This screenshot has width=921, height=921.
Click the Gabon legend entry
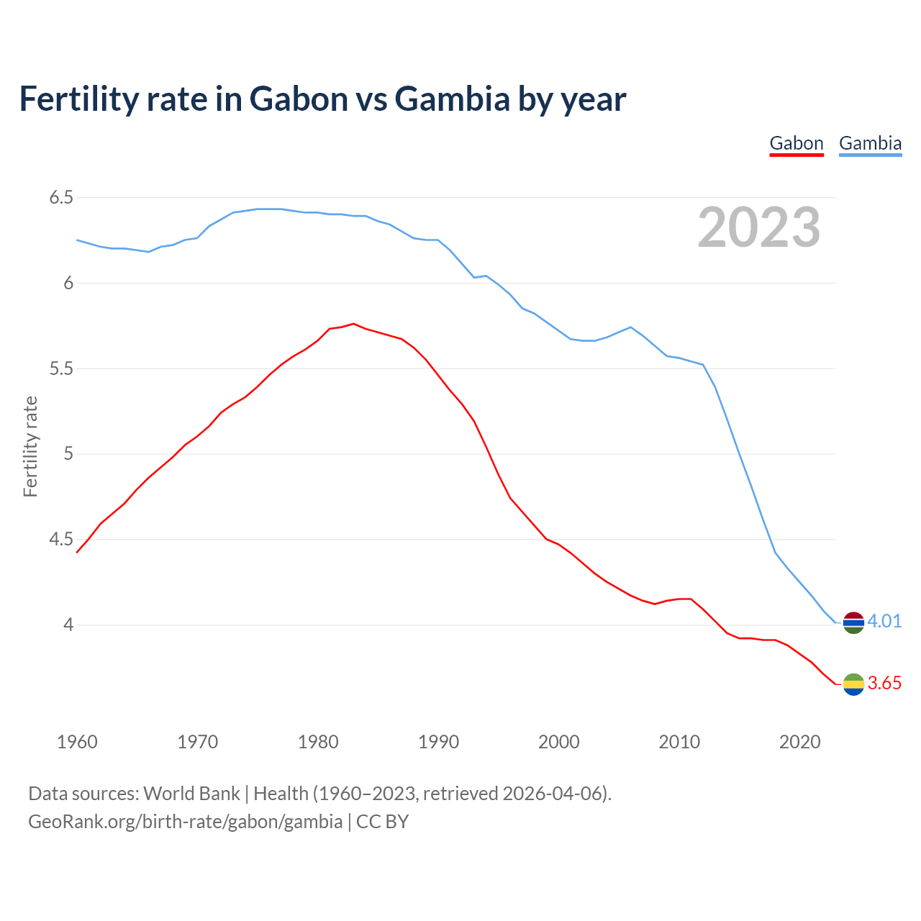[796, 143]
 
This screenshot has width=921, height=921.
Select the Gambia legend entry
[870, 143]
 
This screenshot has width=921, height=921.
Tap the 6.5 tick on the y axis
[61, 197]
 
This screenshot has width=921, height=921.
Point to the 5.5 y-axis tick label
[61, 368]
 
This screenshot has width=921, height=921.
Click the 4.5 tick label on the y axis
[61, 540]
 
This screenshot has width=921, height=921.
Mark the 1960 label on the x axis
[77, 742]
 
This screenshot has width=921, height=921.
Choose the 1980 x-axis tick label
[318, 742]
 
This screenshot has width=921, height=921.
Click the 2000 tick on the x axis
[558, 742]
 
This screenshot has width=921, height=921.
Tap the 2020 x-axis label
[799, 742]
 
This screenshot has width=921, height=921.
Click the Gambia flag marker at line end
[853, 622]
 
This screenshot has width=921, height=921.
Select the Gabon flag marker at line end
[853, 684]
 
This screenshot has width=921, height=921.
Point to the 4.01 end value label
[884, 621]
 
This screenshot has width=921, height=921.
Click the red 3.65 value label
[884, 683]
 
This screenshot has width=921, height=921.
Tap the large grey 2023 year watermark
[758, 228]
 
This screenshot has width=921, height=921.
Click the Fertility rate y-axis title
[30, 446]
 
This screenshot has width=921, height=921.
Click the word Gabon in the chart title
[299, 99]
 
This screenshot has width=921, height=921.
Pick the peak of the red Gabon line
[353, 324]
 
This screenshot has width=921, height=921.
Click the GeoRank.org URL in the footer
[185, 822]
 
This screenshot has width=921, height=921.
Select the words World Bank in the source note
[191, 794]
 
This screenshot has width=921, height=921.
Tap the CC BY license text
[383, 822]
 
